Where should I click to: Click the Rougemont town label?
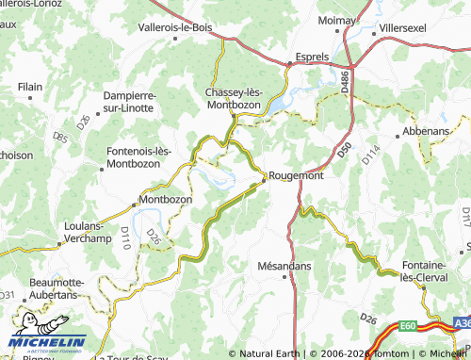pyautogui.click(x=296, y=175)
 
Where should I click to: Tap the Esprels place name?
pyautogui.click(x=312, y=57)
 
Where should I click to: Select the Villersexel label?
pyautogui.click(x=404, y=28)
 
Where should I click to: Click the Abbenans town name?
pyautogui.click(x=425, y=131)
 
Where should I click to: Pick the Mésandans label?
pyautogui.click(x=284, y=267)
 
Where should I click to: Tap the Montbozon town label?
pyautogui.click(x=165, y=200)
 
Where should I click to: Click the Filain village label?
pyautogui.click(x=30, y=87)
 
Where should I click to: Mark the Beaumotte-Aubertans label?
pyautogui.click(x=57, y=288)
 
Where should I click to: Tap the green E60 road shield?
pyautogui.click(x=408, y=326)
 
